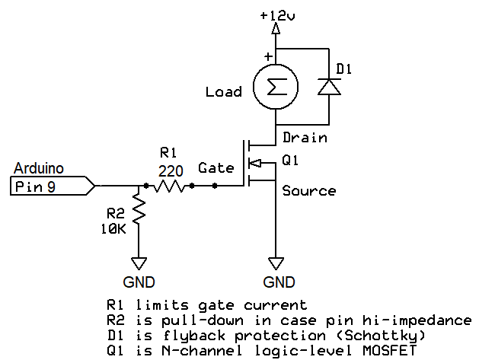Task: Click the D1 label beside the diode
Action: click(x=345, y=70)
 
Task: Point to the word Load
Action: click(x=223, y=92)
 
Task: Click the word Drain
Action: click(x=305, y=138)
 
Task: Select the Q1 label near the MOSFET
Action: click(x=291, y=161)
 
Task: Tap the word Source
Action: click(x=308, y=190)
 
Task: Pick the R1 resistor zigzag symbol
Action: click(x=169, y=185)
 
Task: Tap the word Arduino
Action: click(x=38, y=169)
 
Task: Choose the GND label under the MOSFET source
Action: click(x=279, y=282)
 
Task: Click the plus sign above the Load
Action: click(x=267, y=56)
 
